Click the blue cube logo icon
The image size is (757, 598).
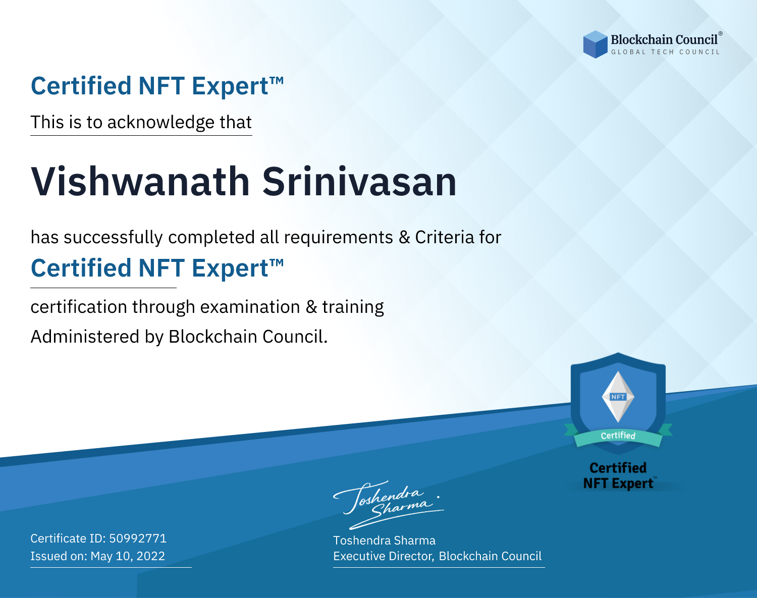(x=595, y=44)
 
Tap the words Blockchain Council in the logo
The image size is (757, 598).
(x=664, y=40)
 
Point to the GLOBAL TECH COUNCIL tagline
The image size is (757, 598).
(x=666, y=52)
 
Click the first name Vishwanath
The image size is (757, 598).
(x=140, y=182)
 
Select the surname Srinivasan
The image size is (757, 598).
(x=359, y=182)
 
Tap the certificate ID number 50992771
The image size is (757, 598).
(x=138, y=538)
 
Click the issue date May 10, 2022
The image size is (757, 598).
(x=128, y=556)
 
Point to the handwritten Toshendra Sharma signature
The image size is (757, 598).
(x=389, y=505)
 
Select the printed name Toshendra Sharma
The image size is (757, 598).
(x=384, y=540)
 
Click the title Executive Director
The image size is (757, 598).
(x=383, y=556)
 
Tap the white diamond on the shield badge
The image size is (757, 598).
(x=618, y=397)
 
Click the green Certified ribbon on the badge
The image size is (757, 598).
(x=618, y=436)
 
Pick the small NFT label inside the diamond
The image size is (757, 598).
(x=618, y=397)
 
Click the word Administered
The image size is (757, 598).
(x=85, y=337)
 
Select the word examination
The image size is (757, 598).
(x=250, y=307)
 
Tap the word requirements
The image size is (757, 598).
(x=339, y=238)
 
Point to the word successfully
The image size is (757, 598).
(x=113, y=238)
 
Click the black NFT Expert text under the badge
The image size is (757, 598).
(x=618, y=483)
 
